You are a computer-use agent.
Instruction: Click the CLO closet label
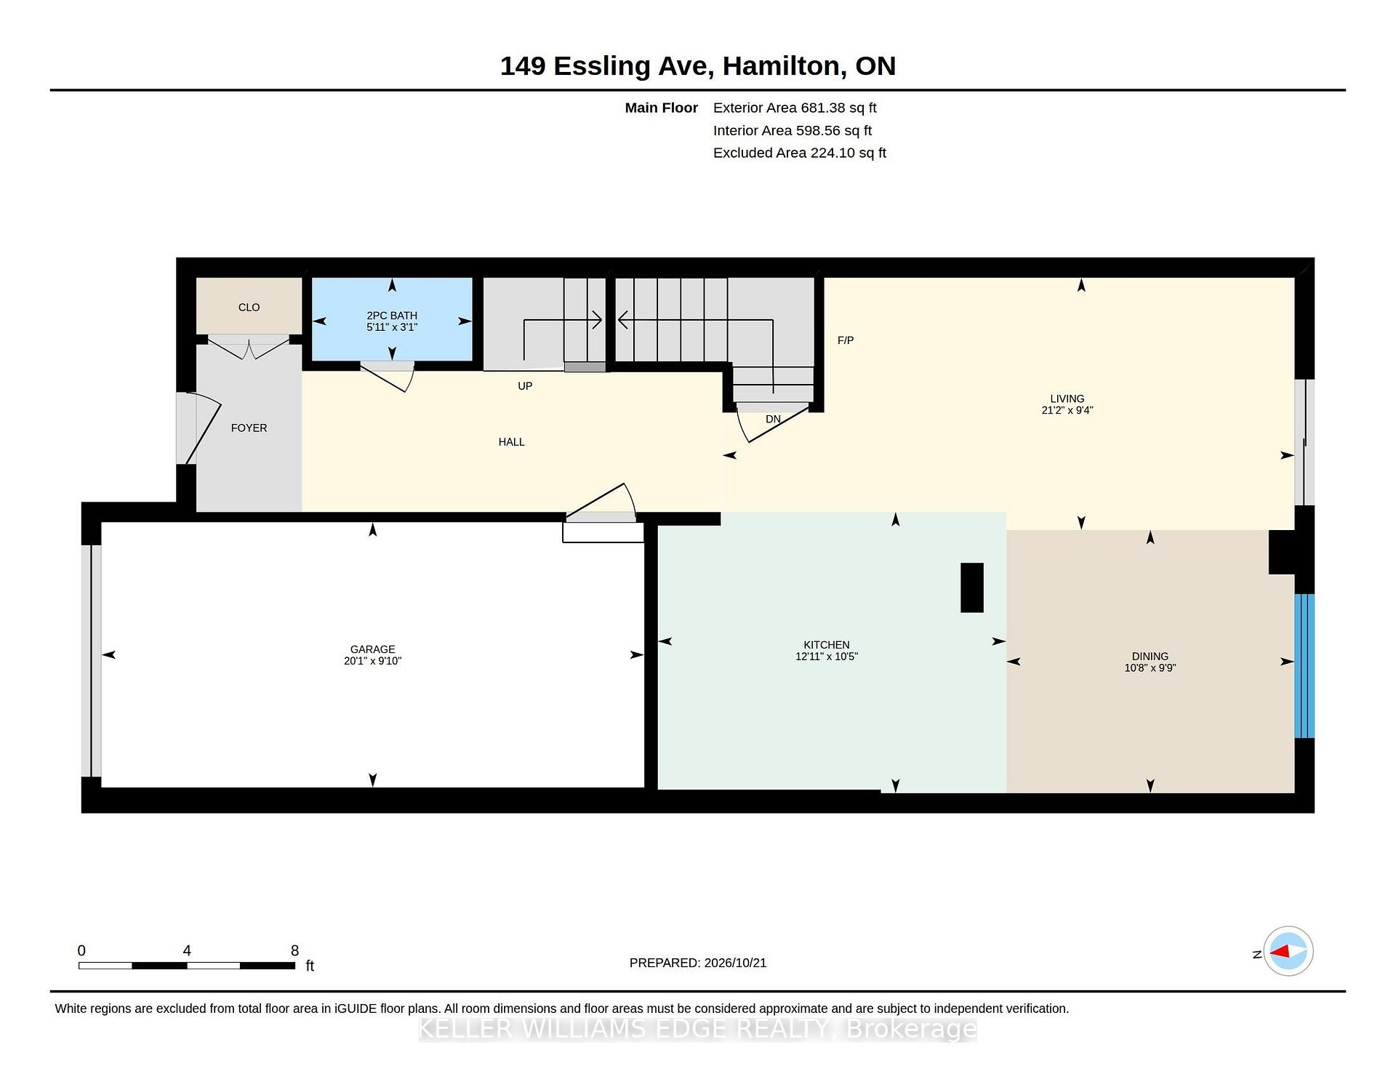click(x=249, y=308)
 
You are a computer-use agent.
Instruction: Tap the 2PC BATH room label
click(x=392, y=316)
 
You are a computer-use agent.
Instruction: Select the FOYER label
click(x=249, y=428)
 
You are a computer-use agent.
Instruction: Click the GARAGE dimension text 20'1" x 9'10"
click(x=372, y=661)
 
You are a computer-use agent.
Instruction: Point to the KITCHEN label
click(x=827, y=645)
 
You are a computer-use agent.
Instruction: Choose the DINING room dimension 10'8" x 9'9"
click(x=1150, y=667)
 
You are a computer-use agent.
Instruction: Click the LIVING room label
click(x=1067, y=398)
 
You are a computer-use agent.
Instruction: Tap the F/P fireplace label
click(x=846, y=340)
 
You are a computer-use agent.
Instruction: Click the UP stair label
click(x=525, y=386)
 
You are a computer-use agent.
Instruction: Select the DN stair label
click(x=773, y=420)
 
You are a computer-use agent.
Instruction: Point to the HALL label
click(x=511, y=442)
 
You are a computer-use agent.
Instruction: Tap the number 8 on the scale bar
click(x=294, y=950)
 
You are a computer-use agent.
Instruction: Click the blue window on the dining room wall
click(x=1304, y=666)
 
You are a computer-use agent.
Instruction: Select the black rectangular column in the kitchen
click(x=972, y=587)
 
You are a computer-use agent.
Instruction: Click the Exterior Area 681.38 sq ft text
click(x=795, y=108)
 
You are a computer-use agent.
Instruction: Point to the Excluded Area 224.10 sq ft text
click(x=800, y=153)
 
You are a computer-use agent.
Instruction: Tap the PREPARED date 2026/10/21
click(x=734, y=963)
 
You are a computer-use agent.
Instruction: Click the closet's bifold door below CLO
click(x=249, y=348)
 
